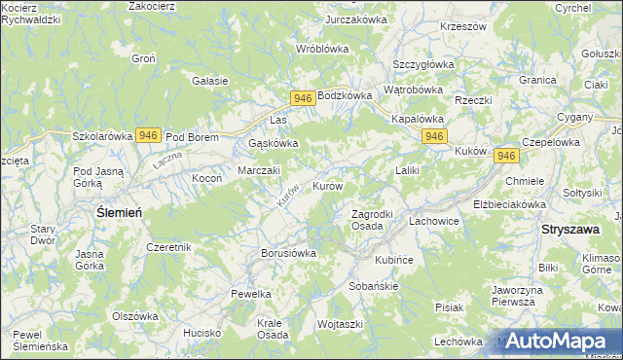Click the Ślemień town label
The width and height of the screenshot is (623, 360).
pyautogui.click(x=119, y=211)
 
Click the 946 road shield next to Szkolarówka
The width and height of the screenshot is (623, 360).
pyautogui.click(x=148, y=135)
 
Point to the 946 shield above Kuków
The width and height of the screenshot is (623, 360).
pyautogui.click(x=434, y=136)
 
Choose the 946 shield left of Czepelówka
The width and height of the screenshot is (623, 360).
pyautogui.click(x=505, y=156)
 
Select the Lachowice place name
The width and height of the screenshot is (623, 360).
pyautogui.click(x=433, y=222)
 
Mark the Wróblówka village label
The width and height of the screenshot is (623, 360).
pyautogui.click(x=322, y=48)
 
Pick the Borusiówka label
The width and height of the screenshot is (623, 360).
pyautogui.click(x=289, y=253)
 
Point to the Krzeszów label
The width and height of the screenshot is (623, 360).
pyautogui.click(x=462, y=27)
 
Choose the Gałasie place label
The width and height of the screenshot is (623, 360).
pyautogui.click(x=210, y=81)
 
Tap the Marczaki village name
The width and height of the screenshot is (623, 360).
pyautogui.click(x=260, y=170)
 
